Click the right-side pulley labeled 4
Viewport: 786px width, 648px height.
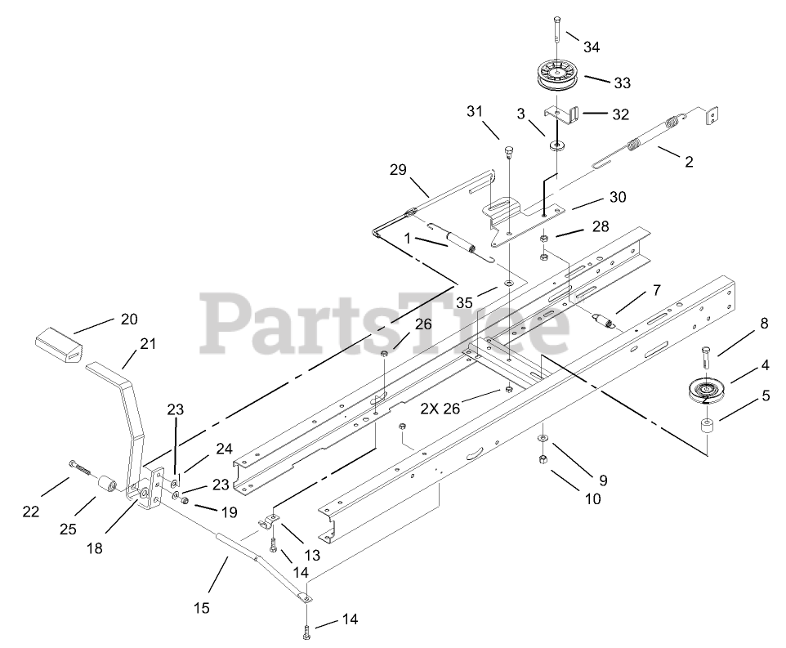pos(703,391)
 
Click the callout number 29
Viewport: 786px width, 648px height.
pos(398,169)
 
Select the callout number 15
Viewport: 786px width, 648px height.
pos(201,607)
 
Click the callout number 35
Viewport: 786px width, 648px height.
pos(464,302)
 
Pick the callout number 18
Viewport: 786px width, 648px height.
pos(95,548)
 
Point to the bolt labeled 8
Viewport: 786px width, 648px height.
pos(705,359)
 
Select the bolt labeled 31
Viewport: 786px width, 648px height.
pos(507,152)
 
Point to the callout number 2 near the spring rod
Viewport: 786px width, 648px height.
pos(689,162)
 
